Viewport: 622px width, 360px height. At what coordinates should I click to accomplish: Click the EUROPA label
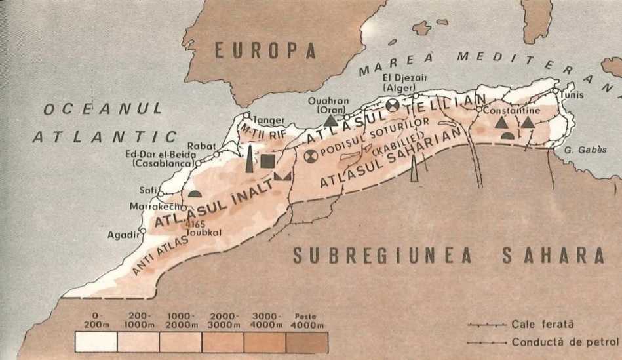[265, 50]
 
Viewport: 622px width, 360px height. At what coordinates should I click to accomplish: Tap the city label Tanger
[257, 121]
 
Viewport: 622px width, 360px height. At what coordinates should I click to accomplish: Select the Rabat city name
[201, 146]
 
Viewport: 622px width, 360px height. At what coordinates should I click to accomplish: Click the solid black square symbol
[267, 161]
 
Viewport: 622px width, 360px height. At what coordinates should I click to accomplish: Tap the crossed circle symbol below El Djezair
[393, 104]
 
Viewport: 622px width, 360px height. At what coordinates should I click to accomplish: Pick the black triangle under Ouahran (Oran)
[332, 120]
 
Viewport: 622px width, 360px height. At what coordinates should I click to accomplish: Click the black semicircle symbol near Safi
[194, 193]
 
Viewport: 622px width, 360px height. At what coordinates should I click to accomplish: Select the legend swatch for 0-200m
[96, 342]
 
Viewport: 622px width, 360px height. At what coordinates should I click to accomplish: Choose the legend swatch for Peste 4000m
[307, 342]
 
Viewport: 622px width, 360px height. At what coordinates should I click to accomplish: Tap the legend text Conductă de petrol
[565, 342]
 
